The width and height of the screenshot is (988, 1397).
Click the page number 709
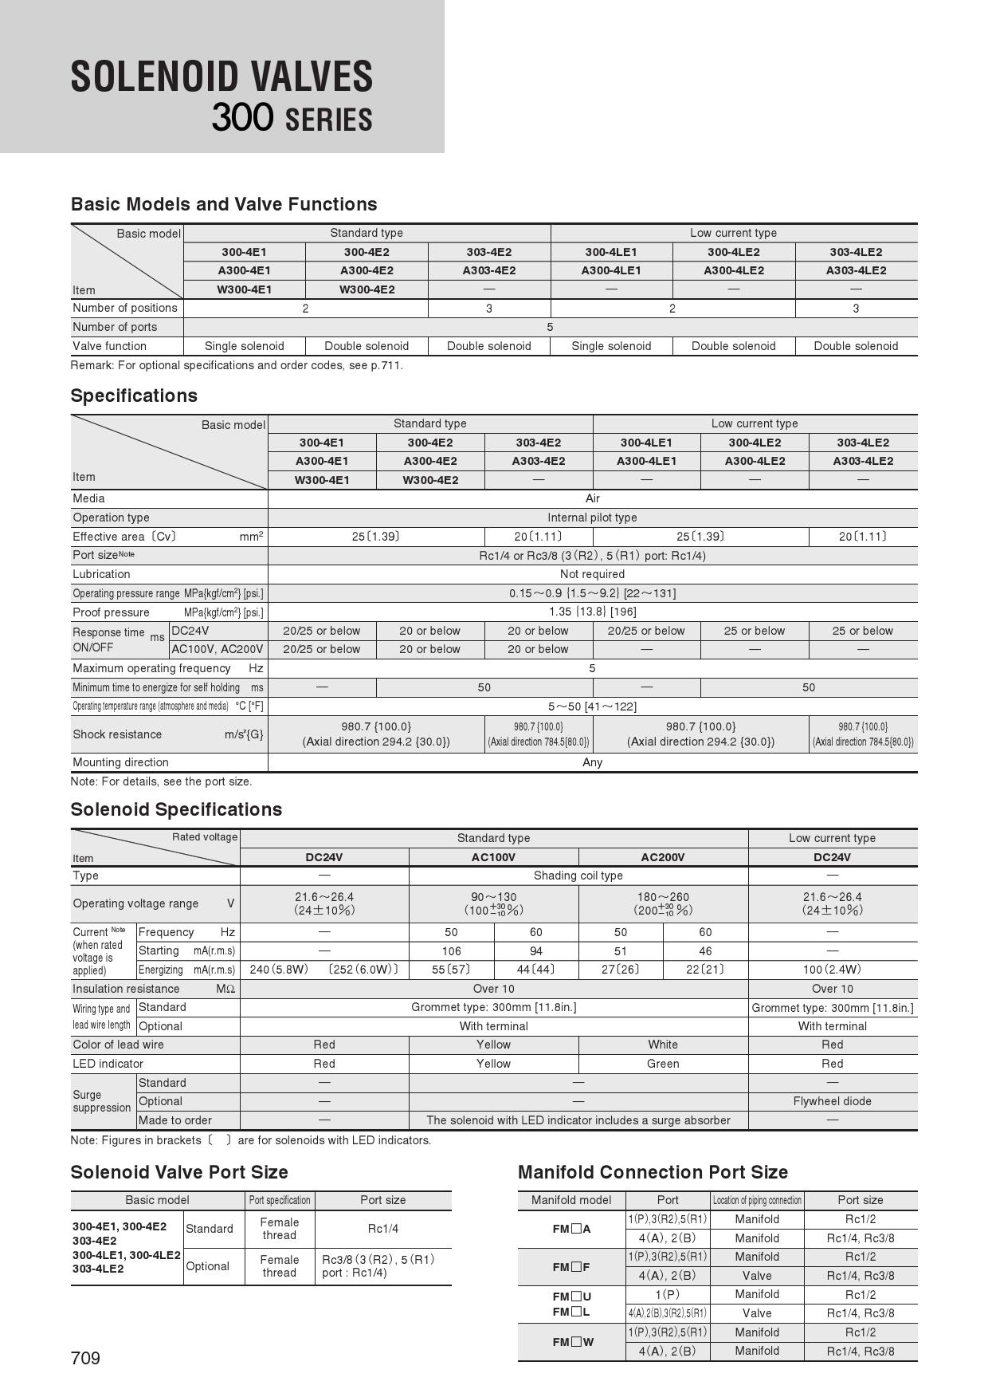click(x=85, y=1358)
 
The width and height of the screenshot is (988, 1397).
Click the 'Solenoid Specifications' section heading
click(x=176, y=809)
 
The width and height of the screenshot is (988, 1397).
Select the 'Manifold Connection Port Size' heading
click(x=653, y=1172)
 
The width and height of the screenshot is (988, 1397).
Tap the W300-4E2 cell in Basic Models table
click(x=367, y=289)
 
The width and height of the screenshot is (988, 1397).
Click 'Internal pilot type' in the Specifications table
click(x=592, y=517)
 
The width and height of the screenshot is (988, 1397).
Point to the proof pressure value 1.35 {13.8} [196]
click(x=592, y=612)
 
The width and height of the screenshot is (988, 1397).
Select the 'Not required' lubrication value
click(x=592, y=574)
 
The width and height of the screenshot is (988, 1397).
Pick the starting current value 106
click(x=451, y=950)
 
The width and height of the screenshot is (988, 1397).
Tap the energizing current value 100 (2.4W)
click(x=832, y=970)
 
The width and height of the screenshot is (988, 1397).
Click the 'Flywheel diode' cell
click(x=832, y=1101)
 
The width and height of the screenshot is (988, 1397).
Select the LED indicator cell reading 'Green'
click(x=663, y=1064)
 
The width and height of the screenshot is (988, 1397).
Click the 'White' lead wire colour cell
click(x=663, y=1045)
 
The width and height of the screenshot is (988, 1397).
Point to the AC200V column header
click(x=663, y=857)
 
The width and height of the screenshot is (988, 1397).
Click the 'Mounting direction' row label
click(x=120, y=762)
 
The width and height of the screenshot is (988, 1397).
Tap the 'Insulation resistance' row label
click(x=126, y=989)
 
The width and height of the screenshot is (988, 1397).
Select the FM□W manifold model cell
click(x=572, y=1342)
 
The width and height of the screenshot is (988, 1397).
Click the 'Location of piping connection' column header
click(x=757, y=1200)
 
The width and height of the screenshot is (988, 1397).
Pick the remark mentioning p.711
click(x=237, y=365)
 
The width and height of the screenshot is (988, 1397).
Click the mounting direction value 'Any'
click(x=592, y=762)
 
